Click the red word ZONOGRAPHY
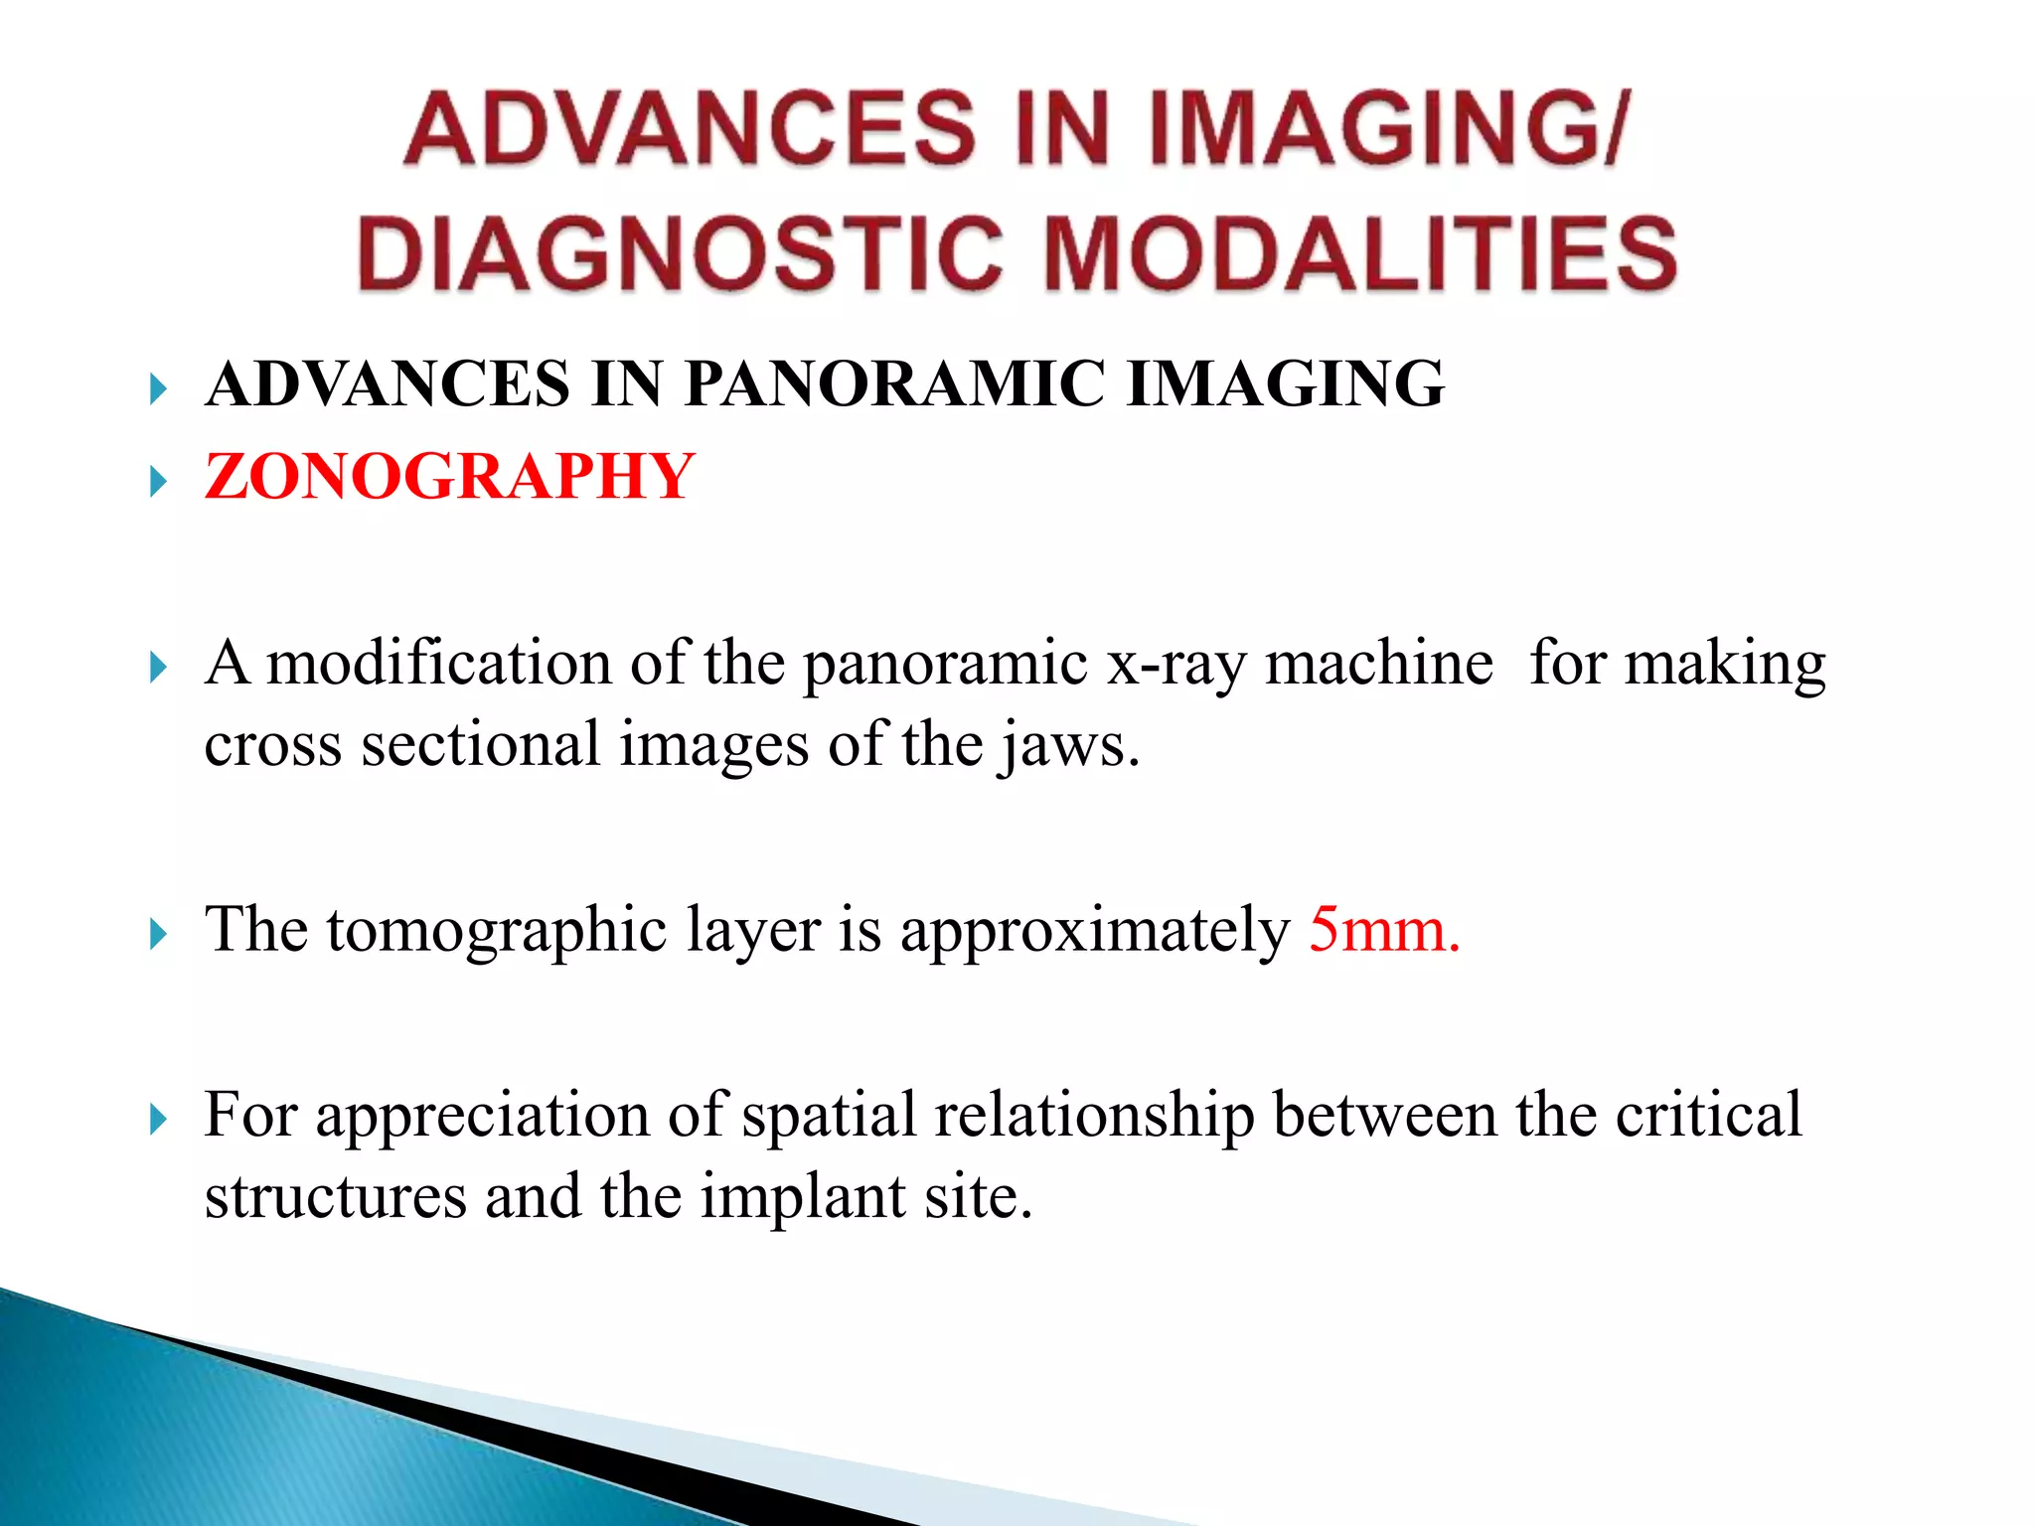pyautogui.click(x=449, y=477)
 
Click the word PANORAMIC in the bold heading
pyautogui.click(x=894, y=384)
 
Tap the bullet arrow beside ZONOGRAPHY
pyautogui.click(x=158, y=483)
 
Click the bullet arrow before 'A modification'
pyautogui.click(x=158, y=668)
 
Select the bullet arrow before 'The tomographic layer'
pyautogui.click(x=158, y=934)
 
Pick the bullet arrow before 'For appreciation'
pyautogui.click(x=158, y=1120)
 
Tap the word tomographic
pyautogui.click(x=497, y=932)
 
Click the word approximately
pyautogui.click(x=1094, y=932)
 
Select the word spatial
pyautogui.click(x=829, y=1116)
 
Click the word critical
pyautogui.click(x=1708, y=1116)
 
